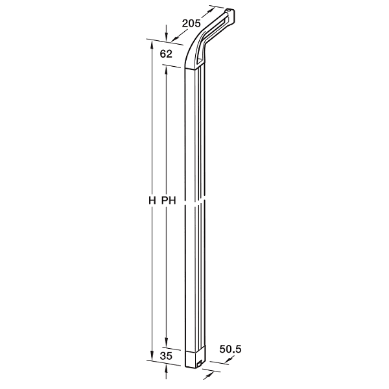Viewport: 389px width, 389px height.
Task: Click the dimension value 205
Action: [x=191, y=23]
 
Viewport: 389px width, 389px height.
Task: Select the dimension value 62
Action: [x=166, y=54]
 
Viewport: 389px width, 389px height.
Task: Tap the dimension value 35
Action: [x=166, y=356]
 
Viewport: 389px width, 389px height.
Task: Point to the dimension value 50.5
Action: [x=230, y=349]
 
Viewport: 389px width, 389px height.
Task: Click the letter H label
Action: [x=152, y=200]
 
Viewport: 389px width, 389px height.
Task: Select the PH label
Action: [x=169, y=200]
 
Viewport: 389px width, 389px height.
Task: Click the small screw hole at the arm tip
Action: [x=228, y=10]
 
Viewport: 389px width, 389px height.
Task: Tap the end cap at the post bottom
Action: [x=196, y=358]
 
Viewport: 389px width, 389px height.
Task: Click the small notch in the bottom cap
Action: [x=199, y=364]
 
